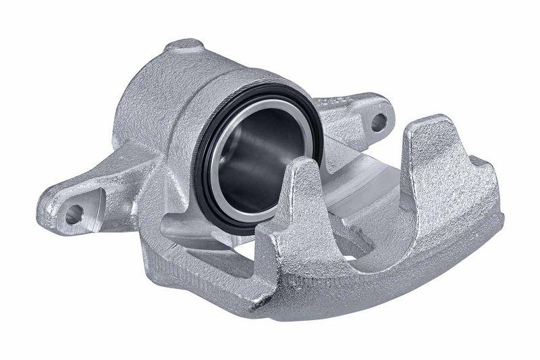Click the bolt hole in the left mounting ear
tap(73, 215)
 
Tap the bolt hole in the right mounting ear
tap(379, 122)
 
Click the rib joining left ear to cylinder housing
tap(135, 169)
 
